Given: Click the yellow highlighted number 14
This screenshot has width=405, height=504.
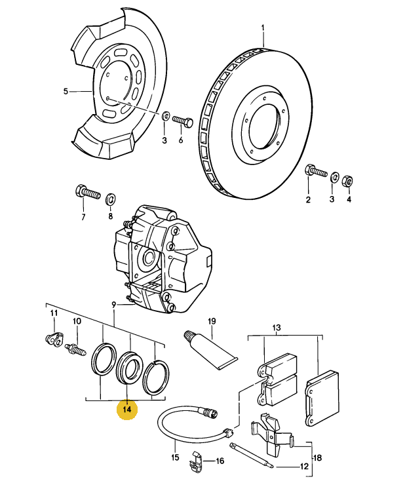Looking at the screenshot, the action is [x=127, y=409].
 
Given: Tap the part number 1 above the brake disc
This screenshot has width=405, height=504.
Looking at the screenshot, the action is [x=263, y=28].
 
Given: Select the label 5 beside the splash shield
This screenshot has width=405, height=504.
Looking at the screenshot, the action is [x=66, y=92].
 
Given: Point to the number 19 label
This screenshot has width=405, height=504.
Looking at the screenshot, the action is [x=212, y=321].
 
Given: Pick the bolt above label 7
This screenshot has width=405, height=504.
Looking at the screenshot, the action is [x=88, y=192].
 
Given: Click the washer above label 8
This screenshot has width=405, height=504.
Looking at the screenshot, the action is [x=111, y=199].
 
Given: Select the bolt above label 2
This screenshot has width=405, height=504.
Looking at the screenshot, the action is [x=316, y=171].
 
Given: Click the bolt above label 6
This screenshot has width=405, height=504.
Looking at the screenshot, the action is [x=183, y=121].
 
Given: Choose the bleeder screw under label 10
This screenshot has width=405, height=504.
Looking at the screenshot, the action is [x=75, y=349].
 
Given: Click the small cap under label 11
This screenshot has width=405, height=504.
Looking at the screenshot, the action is [x=53, y=339].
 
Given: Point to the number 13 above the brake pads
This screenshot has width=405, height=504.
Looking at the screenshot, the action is [x=277, y=328].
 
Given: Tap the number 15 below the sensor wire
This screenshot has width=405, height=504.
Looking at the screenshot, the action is [x=175, y=457].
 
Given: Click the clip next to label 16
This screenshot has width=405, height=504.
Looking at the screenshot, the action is [x=197, y=463].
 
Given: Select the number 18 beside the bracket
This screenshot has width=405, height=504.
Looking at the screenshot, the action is [x=318, y=457].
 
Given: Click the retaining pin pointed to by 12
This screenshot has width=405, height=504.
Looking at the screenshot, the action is [x=252, y=456].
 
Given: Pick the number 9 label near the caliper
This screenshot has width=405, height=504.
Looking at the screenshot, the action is [x=113, y=305].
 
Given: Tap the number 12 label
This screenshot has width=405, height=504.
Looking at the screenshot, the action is [x=304, y=466].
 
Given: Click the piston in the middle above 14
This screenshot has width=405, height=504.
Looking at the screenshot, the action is [x=129, y=368].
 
